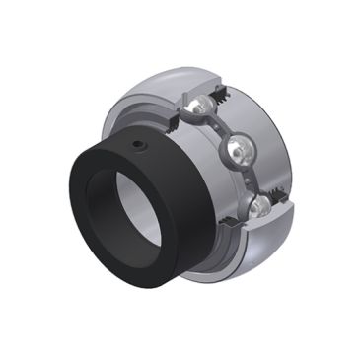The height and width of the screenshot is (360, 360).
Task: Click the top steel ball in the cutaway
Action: click(x=201, y=107)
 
